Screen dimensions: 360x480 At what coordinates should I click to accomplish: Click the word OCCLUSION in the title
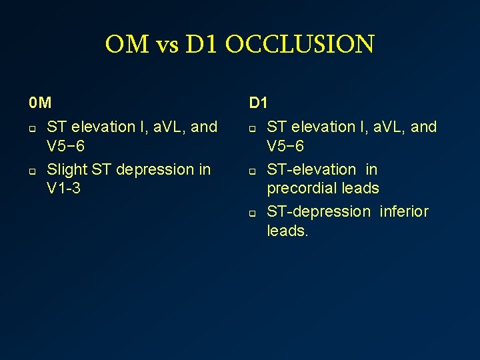[299, 45]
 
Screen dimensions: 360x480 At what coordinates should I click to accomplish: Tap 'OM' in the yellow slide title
[127, 45]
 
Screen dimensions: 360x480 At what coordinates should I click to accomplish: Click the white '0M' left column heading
[40, 103]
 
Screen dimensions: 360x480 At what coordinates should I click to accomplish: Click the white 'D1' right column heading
[259, 103]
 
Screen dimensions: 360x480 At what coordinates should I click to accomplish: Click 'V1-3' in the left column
[64, 188]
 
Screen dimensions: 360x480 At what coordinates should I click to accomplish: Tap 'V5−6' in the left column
[65, 145]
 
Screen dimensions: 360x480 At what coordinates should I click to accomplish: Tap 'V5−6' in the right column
[285, 145]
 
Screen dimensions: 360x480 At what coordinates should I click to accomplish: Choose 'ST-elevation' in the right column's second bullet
[311, 169]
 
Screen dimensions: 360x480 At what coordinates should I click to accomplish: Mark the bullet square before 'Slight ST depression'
[31, 171]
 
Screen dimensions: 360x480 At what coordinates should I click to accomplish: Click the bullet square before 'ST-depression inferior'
[253, 213]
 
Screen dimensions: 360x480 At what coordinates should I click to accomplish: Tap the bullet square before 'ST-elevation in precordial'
[253, 171]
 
